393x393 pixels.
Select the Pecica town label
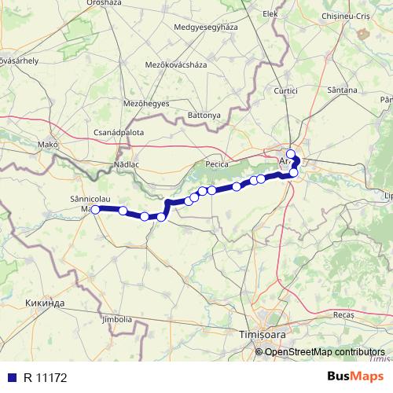pos(216,164)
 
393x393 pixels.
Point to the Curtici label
pos(286,91)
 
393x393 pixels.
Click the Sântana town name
pos(342,91)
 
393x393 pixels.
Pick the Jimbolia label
pos(116,319)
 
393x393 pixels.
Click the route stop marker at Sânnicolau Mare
pos(95,210)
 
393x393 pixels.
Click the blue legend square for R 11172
pos(12,376)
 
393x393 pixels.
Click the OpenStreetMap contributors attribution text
pos(325,351)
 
